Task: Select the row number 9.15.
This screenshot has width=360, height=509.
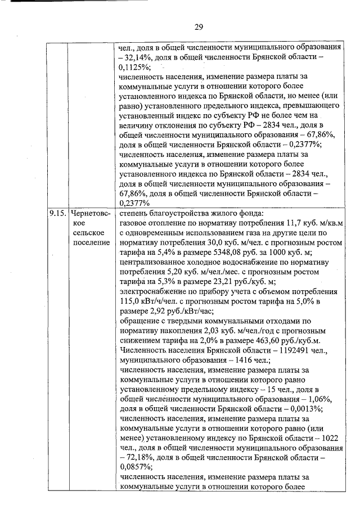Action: [57, 214]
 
